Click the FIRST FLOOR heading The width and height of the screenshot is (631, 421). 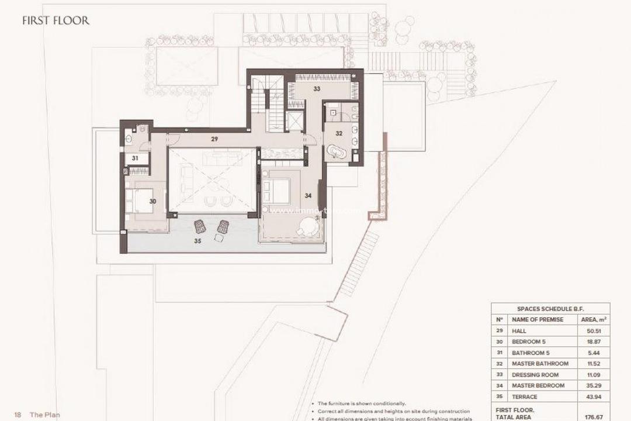pos(56,20)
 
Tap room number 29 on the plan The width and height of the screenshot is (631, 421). pos(214,139)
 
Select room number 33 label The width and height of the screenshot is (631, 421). pos(317,89)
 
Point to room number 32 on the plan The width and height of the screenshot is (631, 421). pos(339,133)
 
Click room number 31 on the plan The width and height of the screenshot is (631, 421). pos(134,158)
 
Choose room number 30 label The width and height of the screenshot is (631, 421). pos(152,201)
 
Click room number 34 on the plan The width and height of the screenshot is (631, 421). pos(308,195)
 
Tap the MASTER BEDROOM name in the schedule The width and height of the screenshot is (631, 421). pos(538,385)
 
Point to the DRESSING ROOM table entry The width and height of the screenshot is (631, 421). pos(535,374)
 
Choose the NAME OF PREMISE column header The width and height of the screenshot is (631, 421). pos(537,319)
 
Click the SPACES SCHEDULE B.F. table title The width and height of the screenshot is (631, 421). pos(550,308)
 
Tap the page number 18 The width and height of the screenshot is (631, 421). pos(18,415)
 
